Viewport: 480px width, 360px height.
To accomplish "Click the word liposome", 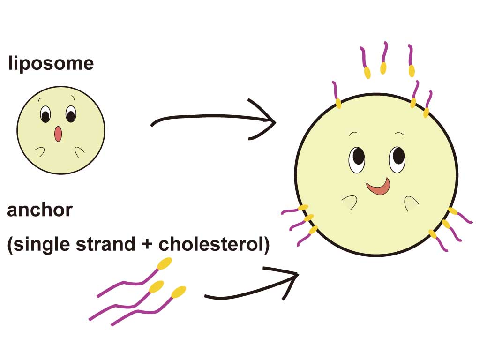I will (x=51, y=63).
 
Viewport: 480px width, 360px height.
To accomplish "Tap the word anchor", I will (x=40, y=210).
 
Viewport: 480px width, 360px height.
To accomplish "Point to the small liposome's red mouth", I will (x=58, y=134).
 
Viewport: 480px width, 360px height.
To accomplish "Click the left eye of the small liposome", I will (x=45, y=114).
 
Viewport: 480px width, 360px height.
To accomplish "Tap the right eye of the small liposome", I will (x=71, y=114).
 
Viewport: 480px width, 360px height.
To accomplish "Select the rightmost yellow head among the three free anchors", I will (x=179, y=292).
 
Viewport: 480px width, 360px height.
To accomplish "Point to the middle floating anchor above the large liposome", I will (x=384, y=59).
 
